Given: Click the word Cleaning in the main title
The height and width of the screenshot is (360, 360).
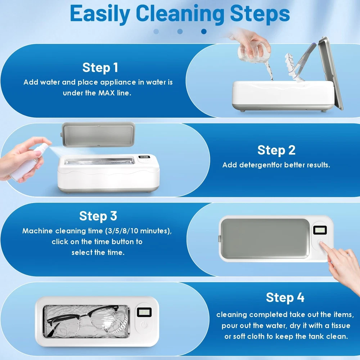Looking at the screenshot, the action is pyautogui.click(x=180, y=14).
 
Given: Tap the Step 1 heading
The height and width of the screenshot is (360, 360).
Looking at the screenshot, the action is pyautogui.click(x=100, y=68).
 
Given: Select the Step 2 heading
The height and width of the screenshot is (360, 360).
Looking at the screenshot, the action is pyautogui.click(x=276, y=150).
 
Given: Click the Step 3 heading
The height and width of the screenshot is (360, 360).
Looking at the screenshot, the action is pyautogui.click(x=98, y=216).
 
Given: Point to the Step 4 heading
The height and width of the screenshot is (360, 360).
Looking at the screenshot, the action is pyautogui.click(x=285, y=298).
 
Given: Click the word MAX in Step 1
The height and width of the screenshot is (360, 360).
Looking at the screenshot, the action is pyautogui.click(x=107, y=93).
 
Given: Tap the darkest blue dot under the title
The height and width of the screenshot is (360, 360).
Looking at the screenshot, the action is pyautogui.click(x=204, y=31).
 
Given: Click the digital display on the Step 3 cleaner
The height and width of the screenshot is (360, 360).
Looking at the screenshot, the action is pyautogui.click(x=320, y=230).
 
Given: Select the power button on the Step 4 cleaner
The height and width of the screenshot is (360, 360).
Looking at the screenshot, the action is pyautogui.click(x=144, y=325).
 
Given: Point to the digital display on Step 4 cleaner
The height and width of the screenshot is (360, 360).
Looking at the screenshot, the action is pyautogui.click(x=144, y=312).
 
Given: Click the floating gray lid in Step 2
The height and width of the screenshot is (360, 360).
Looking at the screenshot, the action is pyautogui.click(x=98, y=135).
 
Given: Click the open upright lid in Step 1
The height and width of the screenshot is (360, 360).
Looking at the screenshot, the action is pyautogui.click(x=330, y=73).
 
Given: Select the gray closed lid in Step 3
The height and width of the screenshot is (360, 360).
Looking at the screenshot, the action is pyautogui.click(x=265, y=239).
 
